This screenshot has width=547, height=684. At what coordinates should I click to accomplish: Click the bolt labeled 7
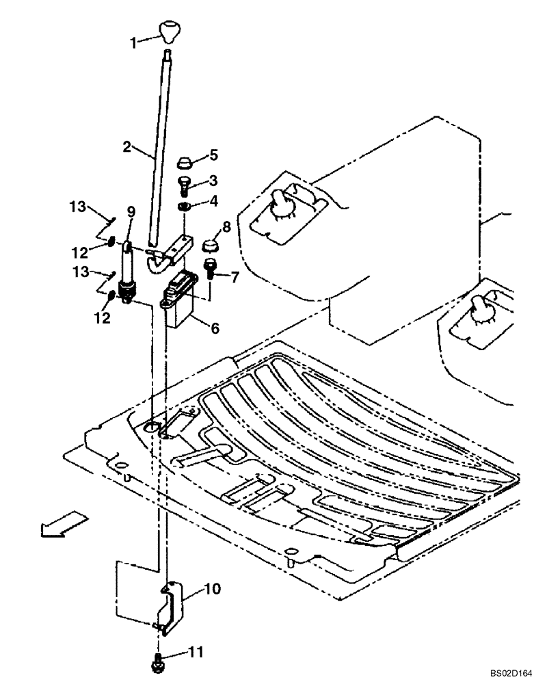coord(209,272)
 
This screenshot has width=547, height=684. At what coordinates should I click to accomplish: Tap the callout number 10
coord(213,588)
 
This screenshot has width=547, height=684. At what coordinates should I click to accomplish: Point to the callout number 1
coord(134,42)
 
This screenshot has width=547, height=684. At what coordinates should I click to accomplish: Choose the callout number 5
coord(213,155)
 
